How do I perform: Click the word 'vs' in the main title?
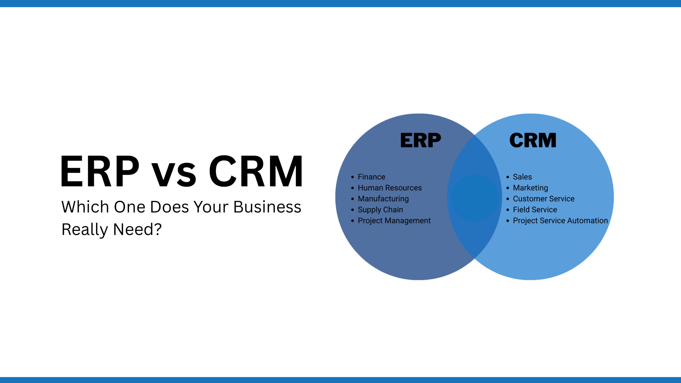pyautogui.click(x=174, y=175)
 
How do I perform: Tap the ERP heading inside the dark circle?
pyautogui.click(x=420, y=140)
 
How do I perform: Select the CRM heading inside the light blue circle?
pyautogui.click(x=533, y=140)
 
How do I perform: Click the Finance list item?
pyautogui.click(x=372, y=177)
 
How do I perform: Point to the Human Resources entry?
pyautogui.click(x=390, y=188)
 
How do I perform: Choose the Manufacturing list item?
pyautogui.click(x=383, y=199)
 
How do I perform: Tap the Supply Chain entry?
pyautogui.click(x=380, y=210)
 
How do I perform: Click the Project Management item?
pyautogui.click(x=394, y=221)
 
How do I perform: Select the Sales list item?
pyautogui.click(x=522, y=177)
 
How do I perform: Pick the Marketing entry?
pyautogui.click(x=531, y=188)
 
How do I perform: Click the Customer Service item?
pyautogui.click(x=544, y=199)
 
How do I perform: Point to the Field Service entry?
pyautogui.click(x=535, y=210)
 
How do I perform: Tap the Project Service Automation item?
pyautogui.click(x=560, y=221)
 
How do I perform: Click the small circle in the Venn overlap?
pyautogui.click(x=475, y=198)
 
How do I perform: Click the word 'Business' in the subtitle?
pyautogui.click(x=267, y=207)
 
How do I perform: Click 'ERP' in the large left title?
pyautogui.click(x=100, y=171)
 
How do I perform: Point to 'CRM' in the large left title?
pyautogui.click(x=256, y=171)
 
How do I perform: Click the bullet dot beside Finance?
pyautogui.click(x=353, y=177)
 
